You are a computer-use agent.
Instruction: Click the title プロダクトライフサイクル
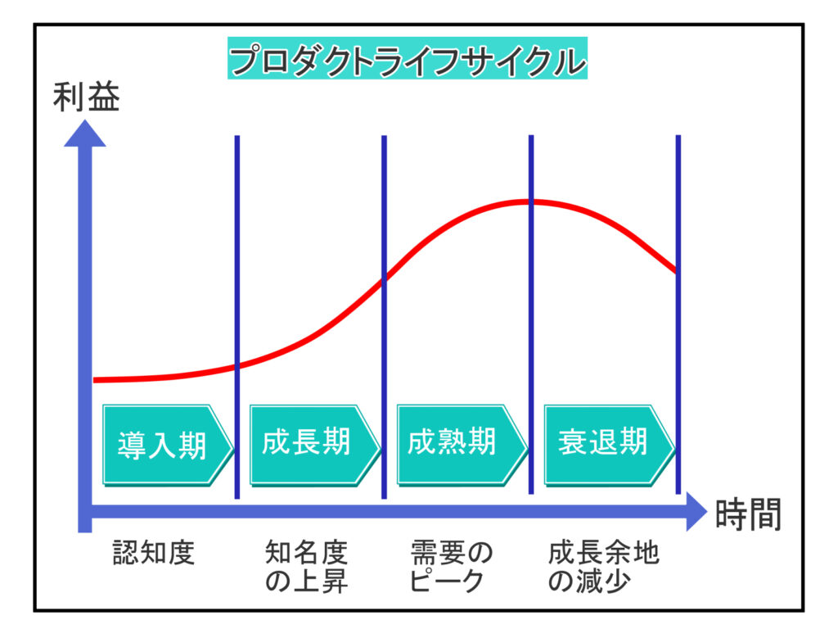point(407,61)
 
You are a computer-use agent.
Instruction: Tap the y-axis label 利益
point(86,98)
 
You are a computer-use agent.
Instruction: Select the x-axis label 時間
point(747,514)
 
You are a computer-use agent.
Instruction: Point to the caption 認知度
point(153,554)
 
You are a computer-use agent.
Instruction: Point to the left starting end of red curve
point(95,380)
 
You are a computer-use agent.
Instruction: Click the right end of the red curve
point(677,271)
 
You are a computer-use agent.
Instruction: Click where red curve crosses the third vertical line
point(531,201)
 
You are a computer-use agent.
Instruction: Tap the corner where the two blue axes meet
point(85,514)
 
